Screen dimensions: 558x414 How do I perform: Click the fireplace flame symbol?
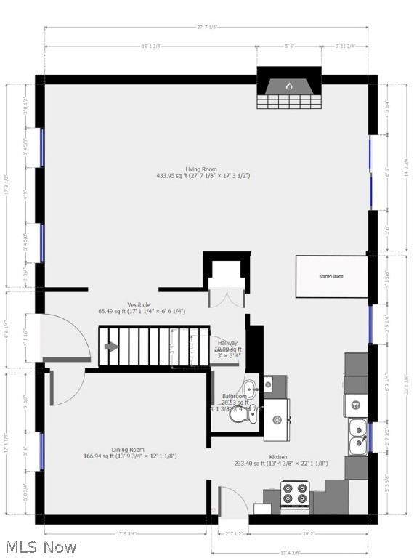pos(288,86)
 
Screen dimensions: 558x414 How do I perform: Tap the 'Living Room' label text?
pos(200,169)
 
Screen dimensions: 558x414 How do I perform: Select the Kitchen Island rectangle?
pos(331,276)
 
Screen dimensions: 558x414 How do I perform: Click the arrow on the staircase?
pos(111,347)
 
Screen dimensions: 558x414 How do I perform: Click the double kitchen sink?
pos(357,435)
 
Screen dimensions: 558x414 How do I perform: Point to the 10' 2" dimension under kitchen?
pos(310,533)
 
